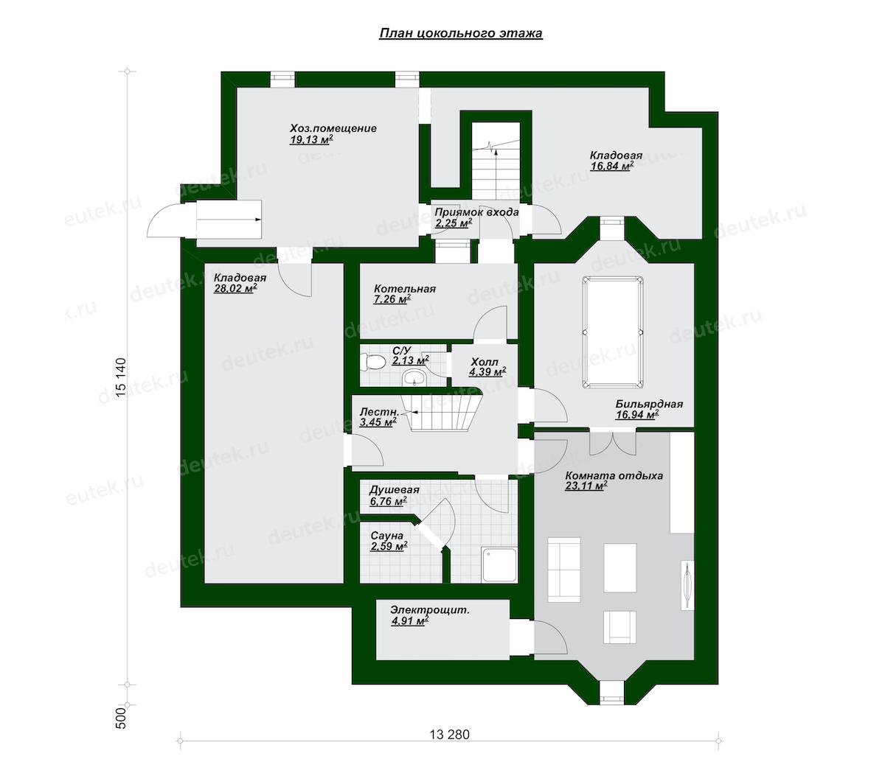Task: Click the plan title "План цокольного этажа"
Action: click(461, 34)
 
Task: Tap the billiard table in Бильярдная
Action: click(612, 332)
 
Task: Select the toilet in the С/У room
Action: click(372, 362)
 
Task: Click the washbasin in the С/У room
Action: click(414, 379)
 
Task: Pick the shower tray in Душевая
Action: click(499, 565)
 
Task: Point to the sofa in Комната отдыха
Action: click(564, 570)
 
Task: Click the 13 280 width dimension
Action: click(449, 734)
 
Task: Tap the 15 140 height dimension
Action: click(122, 377)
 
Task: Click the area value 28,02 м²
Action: click(235, 289)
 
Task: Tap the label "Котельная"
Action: click(404, 289)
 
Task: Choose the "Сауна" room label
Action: click(386, 536)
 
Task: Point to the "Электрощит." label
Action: click(429, 610)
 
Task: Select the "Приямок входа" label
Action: click(476, 212)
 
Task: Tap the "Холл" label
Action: click(485, 362)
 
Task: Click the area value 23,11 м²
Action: click(586, 486)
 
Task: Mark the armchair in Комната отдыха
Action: click(619, 627)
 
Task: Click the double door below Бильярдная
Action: click(613, 442)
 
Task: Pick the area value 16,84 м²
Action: click(612, 166)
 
